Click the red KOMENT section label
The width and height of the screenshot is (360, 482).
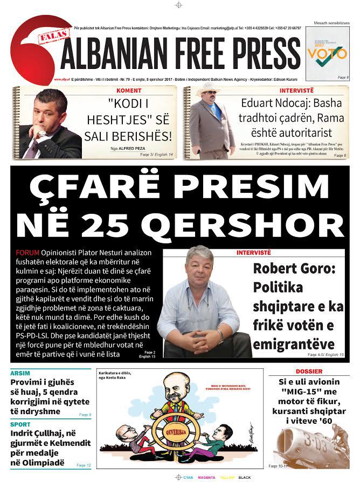(x=129, y=90)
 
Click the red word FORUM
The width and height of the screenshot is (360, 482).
(x=27, y=253)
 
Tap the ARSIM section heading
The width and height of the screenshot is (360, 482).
(x=19, y=373)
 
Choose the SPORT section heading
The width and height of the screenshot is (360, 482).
(x=20, y=424)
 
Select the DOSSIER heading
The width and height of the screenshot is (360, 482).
(x=309, y=372)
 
